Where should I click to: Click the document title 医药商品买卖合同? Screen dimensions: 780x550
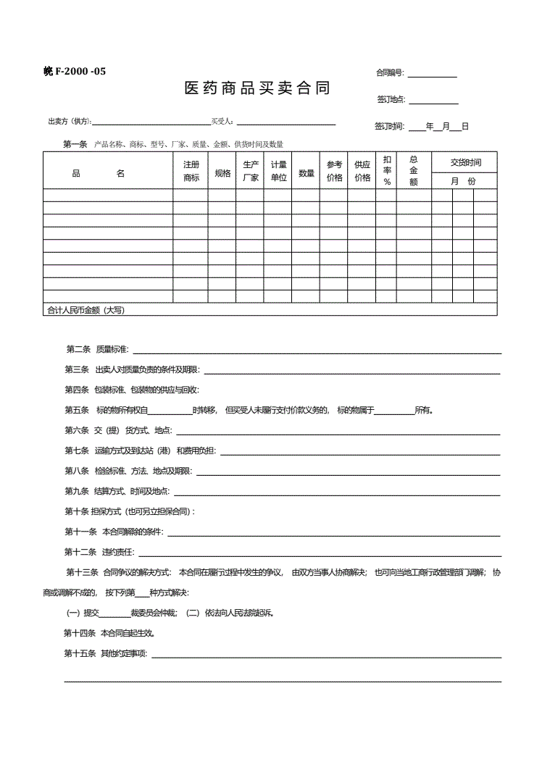tap(257, 89)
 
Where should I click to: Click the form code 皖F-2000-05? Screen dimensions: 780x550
tap(75, 71)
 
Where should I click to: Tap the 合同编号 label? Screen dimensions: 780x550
tap(390, 73)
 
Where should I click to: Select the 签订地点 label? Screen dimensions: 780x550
tap(391, 99)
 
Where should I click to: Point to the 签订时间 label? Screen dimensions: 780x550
tap(389, 126)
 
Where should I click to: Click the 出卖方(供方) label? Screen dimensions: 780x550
tap(70, 122)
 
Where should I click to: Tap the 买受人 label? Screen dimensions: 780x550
tap(222, 122)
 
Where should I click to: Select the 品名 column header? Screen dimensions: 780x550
tap(99, 174)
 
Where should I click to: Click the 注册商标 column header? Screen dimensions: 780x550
tap(191, 171)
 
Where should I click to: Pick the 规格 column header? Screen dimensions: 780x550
tap(222, 174)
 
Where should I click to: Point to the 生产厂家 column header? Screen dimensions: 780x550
tap(251, 171)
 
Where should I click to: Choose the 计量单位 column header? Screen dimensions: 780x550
tap(279, 171)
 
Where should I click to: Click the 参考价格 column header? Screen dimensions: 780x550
tap(334, 171)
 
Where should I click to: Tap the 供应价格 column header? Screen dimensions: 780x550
tap(362, 171)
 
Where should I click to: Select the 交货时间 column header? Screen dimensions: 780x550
tap(465, 162)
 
